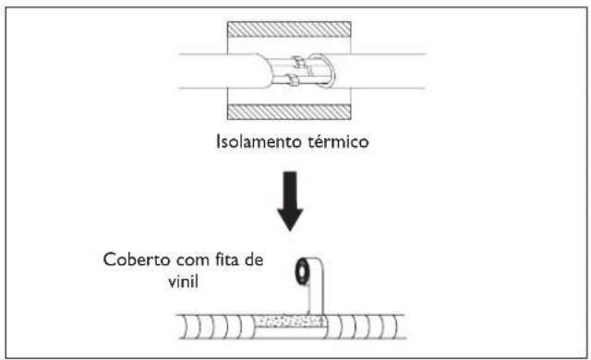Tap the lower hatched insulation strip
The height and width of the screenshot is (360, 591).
pos(295,110)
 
